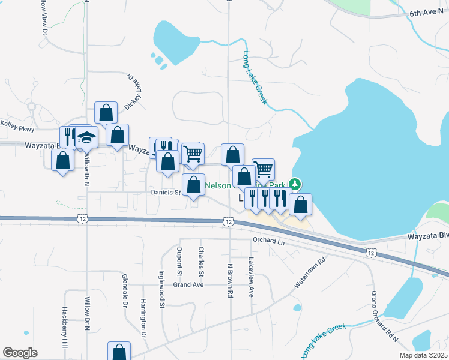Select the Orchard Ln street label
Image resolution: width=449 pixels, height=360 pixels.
(268, 241)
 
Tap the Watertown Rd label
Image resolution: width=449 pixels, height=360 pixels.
(310, 271)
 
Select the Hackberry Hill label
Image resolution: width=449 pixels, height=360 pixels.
(64, 328)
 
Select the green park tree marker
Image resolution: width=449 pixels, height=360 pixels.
(295, 183)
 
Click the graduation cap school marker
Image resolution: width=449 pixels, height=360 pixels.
(86, 137)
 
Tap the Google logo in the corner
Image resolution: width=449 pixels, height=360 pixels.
(20, 353)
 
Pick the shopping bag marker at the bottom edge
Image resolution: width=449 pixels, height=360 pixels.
(119, 352)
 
